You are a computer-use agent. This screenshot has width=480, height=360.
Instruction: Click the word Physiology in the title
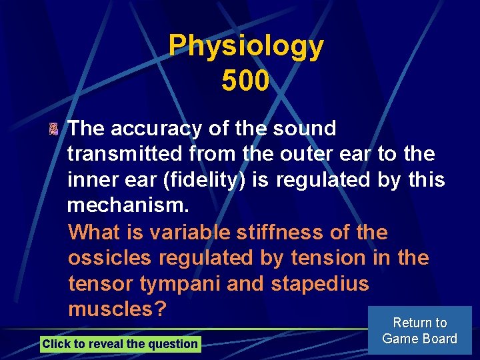246,47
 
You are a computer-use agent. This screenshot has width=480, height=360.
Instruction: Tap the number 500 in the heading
245,81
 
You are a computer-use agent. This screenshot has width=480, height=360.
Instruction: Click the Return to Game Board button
419,331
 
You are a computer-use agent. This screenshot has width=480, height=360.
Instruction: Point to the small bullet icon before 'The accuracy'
54,129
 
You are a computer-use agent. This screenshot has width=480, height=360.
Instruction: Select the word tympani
180,284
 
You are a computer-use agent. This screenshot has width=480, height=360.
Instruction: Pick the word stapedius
319,284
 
